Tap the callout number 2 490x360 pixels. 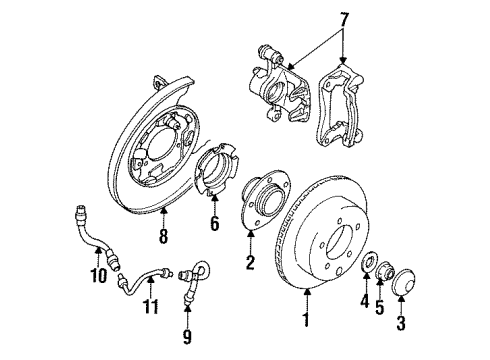pyautogui.click(x=250, y=263)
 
